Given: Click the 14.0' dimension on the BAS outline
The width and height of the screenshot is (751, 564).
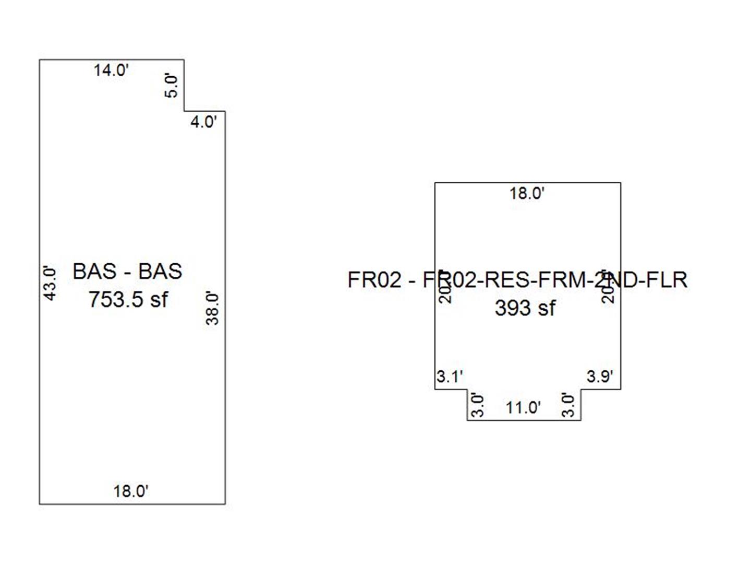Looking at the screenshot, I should coord(111,70).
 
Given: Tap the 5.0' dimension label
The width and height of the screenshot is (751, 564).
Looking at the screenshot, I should coord(172,86).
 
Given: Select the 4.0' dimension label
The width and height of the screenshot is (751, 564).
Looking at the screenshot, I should coord(203,122).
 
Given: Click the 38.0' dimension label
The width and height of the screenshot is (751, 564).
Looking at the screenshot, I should coord(212,308).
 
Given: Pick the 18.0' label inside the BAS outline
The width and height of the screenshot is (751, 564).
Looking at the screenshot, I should coord(131,491).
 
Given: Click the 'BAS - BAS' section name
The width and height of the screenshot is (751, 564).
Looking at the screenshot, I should coord(127,272).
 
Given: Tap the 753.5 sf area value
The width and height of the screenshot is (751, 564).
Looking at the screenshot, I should coord(128,300).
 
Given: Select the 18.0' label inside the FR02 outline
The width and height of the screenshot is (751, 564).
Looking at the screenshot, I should coord(527,194).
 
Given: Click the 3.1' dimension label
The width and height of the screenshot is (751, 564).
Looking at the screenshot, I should coord(450,376).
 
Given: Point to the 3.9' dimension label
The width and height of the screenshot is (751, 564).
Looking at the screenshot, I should coord(600,376).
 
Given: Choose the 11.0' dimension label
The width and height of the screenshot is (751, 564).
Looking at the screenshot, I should coord(523,407).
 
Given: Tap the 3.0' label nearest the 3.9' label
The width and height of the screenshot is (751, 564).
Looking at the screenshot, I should coord(569,405).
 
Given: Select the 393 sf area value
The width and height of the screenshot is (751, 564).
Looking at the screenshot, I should coord(525,308).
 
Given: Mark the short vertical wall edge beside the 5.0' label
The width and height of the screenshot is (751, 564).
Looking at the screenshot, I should coord(184,85).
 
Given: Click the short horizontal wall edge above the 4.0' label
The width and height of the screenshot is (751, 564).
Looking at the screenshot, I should coord(204,111).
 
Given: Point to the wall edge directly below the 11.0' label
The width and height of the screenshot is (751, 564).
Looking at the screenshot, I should coord(524,420).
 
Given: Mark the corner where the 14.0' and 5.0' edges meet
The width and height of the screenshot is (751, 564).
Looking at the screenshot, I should coord(184,60).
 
